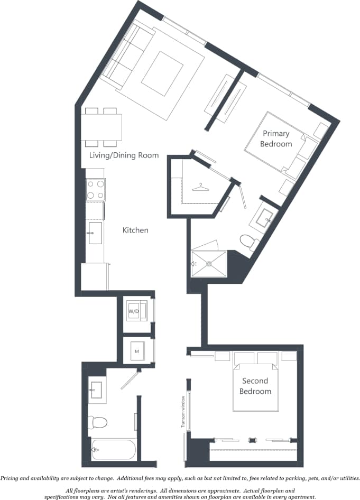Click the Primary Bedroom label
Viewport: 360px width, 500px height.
tap(277, 138)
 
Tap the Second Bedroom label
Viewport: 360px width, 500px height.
tap(255, 386)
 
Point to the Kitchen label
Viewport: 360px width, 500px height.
tap(135, 230)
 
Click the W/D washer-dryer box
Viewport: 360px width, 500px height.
tap(134, 311)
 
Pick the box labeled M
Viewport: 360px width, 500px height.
tap(136, 351)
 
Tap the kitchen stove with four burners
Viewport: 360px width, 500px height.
tap(96, 190)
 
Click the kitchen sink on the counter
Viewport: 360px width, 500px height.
tap(95, 233)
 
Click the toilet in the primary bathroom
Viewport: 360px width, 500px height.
tap(247, 242)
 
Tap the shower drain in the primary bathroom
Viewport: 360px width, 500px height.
tap(210, 263)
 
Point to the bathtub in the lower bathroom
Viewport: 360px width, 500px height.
tap(114, 450)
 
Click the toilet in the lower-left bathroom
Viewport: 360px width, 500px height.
tap(98, 422)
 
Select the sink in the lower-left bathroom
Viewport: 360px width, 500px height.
tap(96, 390)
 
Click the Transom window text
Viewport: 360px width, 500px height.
tap(182, 412)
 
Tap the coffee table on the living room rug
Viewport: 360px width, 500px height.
tap(162, 72)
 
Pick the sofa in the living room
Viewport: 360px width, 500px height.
tap(127, 57)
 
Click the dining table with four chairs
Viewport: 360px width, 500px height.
tap(102, 127)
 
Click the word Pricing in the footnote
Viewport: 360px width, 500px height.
tap(11, 478)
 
